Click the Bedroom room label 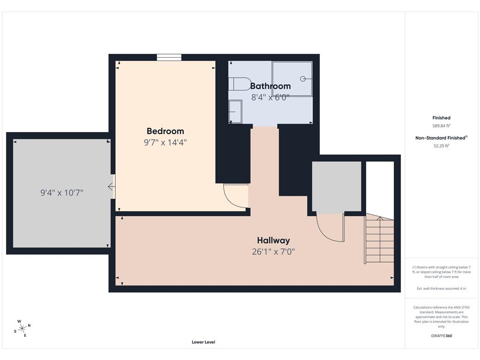(165, 131)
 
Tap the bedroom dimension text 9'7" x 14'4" (165, 142)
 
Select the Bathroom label (270, 86)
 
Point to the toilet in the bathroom (240, 84)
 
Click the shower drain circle (303, 79)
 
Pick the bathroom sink (235, 112)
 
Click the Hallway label (273, 240)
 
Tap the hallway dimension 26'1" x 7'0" (273, 252)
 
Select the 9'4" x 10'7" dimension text (62, 193)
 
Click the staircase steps (379, 239)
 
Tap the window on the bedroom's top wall (169, 57)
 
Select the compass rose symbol (22, 329)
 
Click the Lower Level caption (203, 342)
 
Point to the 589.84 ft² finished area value (441, 126)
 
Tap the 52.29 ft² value (441, 146)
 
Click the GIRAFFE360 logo (441, 336)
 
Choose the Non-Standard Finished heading (441, 138)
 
